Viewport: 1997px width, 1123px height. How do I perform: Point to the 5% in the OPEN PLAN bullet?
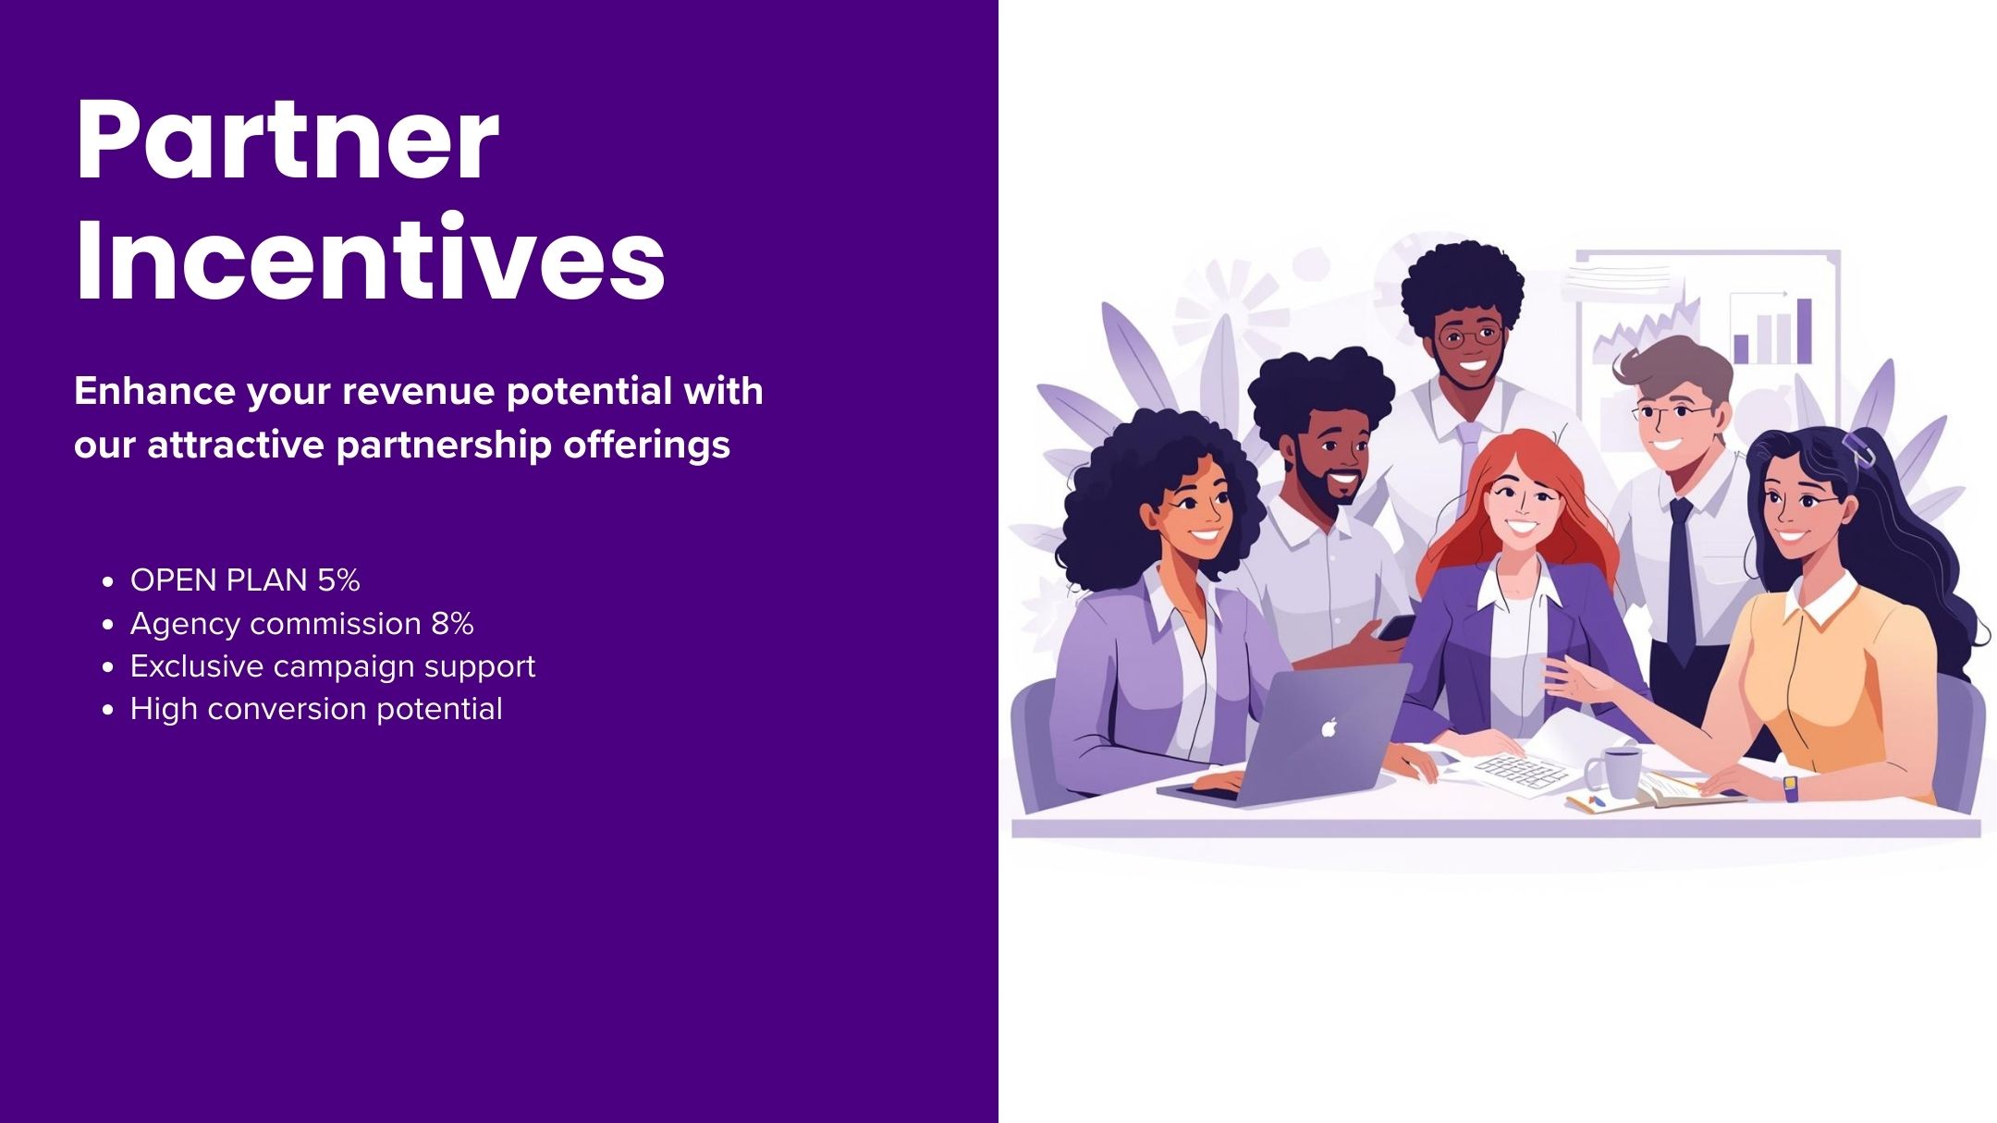338,580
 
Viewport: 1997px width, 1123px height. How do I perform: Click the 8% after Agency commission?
452,624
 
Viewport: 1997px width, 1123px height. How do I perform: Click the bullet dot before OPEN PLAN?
109,582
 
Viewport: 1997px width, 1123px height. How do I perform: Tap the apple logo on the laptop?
1329,727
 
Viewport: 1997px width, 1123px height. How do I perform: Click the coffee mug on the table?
1613,771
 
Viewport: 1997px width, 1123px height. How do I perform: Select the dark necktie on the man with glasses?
1681,578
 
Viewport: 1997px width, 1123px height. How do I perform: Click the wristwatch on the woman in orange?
1791,787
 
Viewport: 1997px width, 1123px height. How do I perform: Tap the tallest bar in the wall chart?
1803,330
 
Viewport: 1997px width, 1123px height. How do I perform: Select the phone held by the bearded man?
1395,628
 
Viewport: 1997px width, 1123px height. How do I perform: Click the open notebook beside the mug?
1655,792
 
